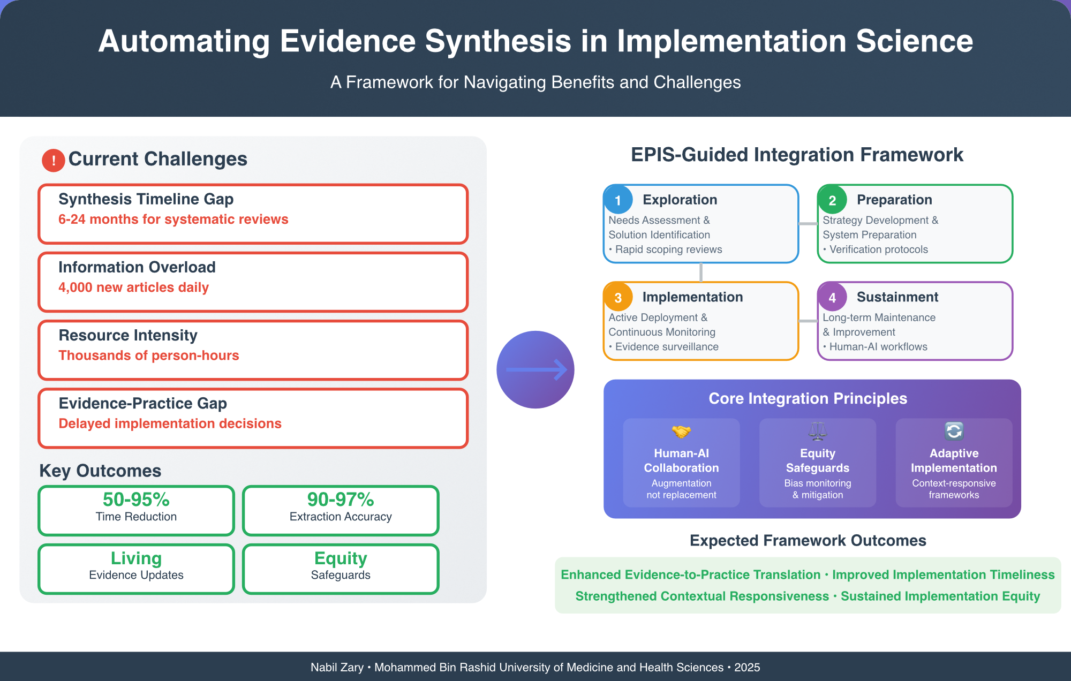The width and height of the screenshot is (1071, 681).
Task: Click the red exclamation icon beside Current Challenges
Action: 54,160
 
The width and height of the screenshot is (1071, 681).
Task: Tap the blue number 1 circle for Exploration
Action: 618,200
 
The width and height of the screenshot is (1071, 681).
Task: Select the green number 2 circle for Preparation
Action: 832,200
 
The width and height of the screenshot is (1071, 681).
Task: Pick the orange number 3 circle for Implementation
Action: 618,297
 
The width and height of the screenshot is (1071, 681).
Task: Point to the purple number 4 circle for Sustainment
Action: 832,297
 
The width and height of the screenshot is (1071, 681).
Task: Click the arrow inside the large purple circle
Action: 536,369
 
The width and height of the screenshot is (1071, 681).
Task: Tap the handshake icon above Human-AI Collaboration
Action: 681,431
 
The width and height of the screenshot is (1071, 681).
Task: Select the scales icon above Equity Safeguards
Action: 818,431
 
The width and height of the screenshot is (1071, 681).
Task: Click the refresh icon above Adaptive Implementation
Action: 954,431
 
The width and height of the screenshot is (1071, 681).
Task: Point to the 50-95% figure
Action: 136,500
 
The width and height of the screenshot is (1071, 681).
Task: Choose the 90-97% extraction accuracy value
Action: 341,500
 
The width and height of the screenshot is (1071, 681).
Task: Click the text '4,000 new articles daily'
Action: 133,287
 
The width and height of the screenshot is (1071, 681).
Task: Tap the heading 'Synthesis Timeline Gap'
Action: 146,199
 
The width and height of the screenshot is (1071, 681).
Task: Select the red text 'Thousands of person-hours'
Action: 148,355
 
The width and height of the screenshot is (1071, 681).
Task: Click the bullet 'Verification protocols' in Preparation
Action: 878,249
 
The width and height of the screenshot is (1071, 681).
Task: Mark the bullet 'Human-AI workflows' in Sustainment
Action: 878,347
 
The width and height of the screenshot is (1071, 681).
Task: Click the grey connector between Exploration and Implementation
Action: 701,273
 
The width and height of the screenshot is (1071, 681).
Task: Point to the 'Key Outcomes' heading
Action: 100,471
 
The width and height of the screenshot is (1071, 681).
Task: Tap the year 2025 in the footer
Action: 747,667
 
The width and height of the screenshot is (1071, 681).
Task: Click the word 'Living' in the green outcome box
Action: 136,558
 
